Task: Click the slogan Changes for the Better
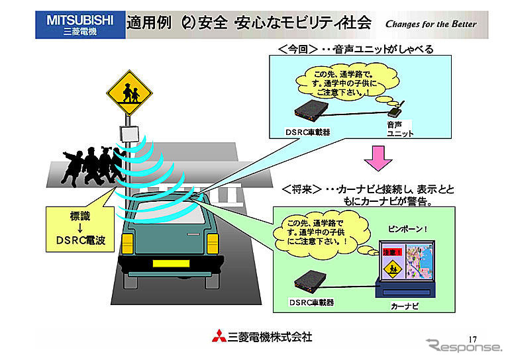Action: [x=431, y=24]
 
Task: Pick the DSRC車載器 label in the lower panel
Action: [x=311, y=302]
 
